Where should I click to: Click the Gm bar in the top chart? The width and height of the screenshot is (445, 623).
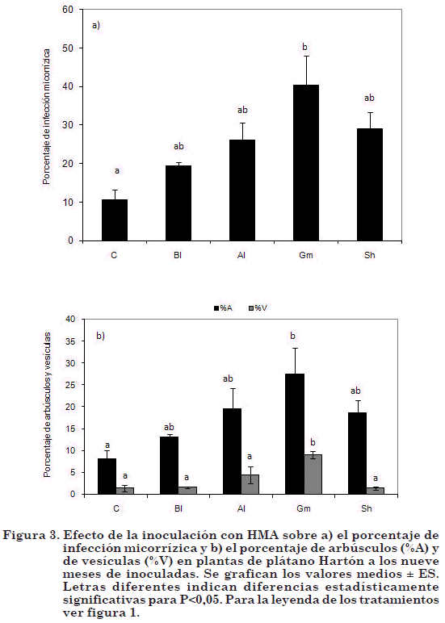[x=306, y=162]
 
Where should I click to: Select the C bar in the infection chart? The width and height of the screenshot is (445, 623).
[x=115, y=220]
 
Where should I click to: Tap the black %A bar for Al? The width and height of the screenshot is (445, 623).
[x=232, y=451]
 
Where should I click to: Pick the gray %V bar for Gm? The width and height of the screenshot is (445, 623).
[x=313, y=475]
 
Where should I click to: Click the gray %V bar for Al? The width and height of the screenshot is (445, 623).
[x=250, y=484]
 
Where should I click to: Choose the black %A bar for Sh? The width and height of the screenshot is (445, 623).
[x=357, y=454]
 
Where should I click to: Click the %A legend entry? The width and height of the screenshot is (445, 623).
[x=223, y=308]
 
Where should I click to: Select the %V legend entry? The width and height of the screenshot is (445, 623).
[x=258, y=308]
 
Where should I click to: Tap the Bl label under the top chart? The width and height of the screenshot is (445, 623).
[x=178, y=255]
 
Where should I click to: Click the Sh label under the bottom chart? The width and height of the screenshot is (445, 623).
[x=367, y=508]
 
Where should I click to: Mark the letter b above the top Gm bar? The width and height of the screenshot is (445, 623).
[x=305, y=47]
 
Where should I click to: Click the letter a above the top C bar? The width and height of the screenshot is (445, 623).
[x=117, y=171]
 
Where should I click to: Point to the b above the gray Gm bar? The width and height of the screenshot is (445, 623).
[x=313, y=442]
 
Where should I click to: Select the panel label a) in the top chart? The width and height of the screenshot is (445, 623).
[x=96, y=26]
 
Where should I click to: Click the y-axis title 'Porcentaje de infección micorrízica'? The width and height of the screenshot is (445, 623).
[x=47, y=117]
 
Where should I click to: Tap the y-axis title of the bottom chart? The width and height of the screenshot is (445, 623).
[x=47, y=405]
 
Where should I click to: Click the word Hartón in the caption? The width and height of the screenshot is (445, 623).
[x=322, y=562]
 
